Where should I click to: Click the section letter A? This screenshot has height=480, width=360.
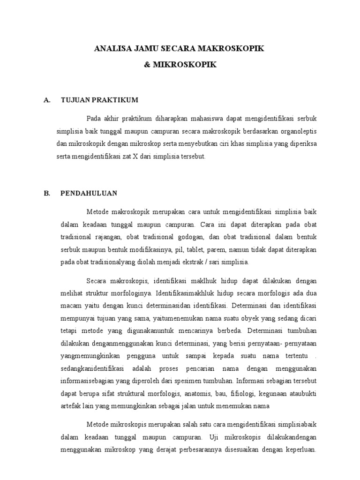coord(46,100)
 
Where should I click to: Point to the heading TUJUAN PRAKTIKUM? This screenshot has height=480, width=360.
coord(99,100)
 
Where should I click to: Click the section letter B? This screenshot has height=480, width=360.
coord(46,193)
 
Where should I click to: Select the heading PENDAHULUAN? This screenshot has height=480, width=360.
coord(89,193)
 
